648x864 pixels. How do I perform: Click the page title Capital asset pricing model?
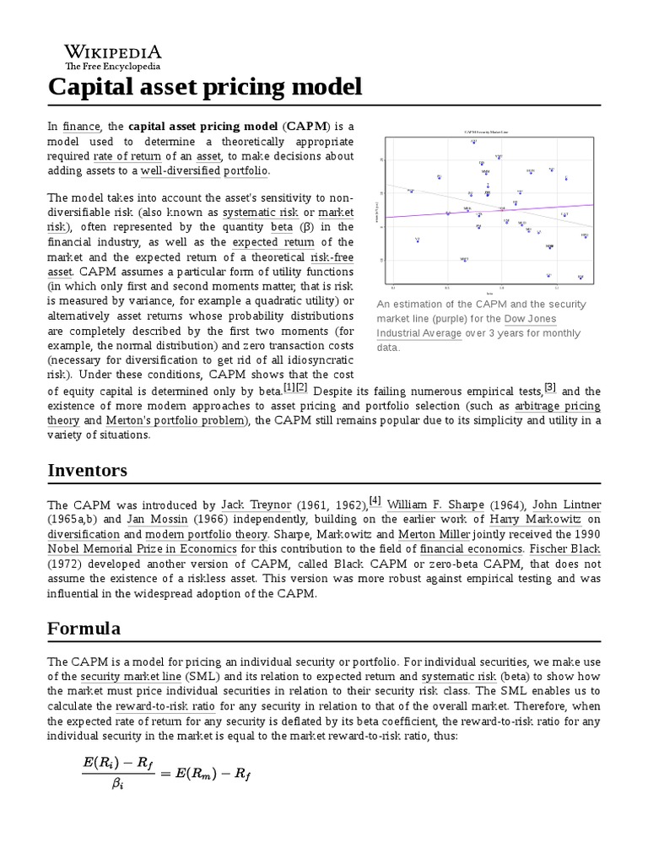pos(205,86)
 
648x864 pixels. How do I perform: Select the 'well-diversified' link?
pos(179,170)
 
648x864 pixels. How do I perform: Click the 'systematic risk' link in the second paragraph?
pos(261,212)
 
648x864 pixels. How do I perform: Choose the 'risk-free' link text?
pos(332,257)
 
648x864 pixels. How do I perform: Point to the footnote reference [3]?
pos(550,387)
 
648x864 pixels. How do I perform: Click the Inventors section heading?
pos(88,470)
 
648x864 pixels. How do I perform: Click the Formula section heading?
pos(84,629)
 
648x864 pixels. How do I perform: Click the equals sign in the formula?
pos(165,770)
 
